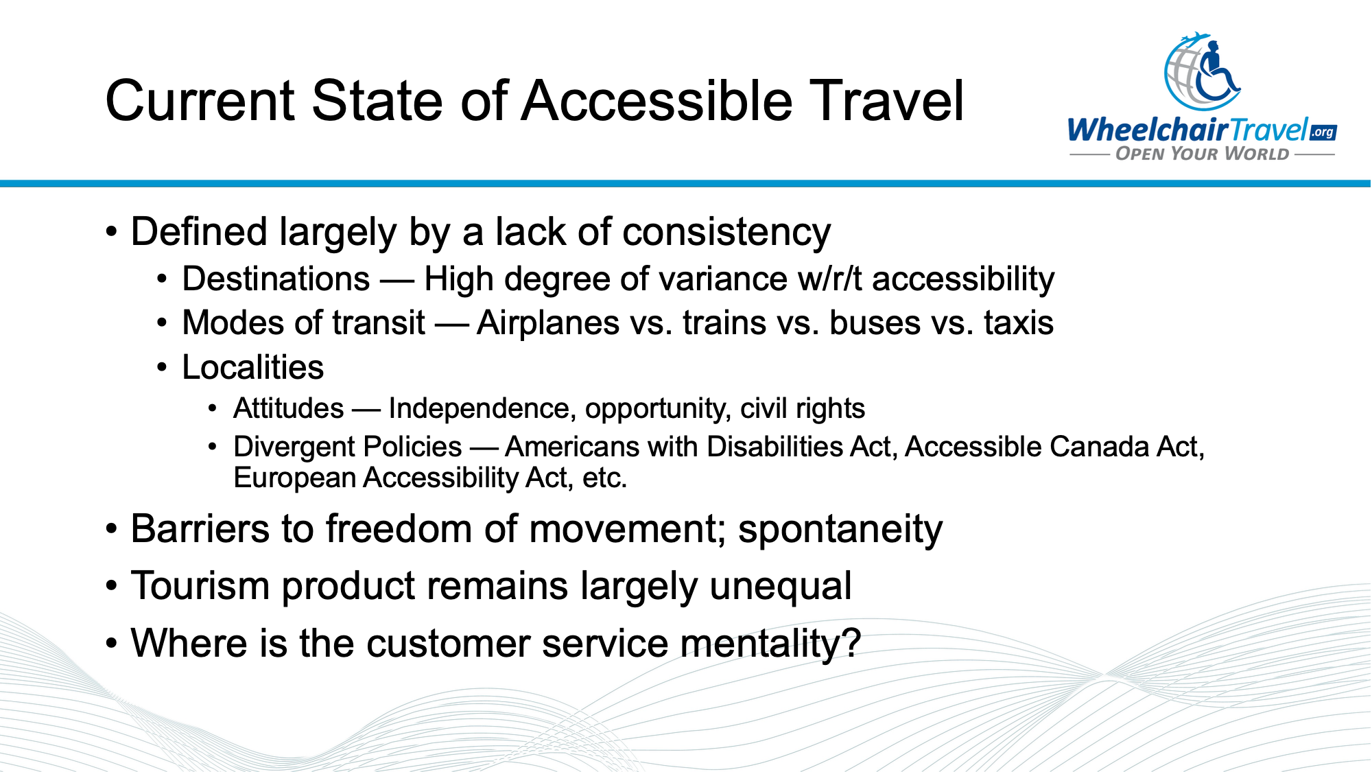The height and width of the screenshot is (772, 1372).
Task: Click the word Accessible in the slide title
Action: click(657, 102)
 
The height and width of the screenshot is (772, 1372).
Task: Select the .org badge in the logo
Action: click(1323, 132)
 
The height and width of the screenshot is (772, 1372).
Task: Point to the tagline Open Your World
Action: click(1202, 154)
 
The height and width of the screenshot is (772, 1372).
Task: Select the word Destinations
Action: click(276, 279)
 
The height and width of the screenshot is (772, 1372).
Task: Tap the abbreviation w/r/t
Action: click(829, 279)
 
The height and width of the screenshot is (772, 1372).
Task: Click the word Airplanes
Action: click(547, 323)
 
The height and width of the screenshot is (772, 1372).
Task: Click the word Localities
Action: click(252, 367)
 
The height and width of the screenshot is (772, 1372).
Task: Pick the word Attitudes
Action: click(288, 408)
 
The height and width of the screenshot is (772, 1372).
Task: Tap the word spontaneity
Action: click(840, 530)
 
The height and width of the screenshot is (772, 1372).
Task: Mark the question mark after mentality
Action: click(852, 644)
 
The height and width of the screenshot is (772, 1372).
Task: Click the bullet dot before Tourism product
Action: click(111, 587)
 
